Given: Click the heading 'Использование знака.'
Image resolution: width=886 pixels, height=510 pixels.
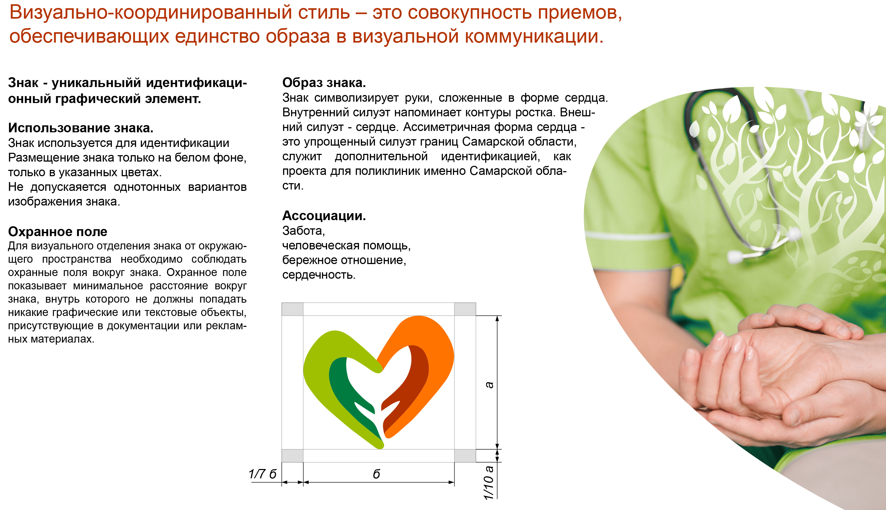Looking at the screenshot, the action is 81,128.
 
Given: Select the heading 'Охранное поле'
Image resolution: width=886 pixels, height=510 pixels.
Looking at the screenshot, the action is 58,232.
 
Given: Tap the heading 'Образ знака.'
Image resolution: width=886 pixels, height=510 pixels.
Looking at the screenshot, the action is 324,83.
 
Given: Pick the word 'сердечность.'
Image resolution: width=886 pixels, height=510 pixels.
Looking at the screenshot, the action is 319,275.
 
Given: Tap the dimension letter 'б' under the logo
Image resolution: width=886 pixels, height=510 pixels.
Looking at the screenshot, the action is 377,474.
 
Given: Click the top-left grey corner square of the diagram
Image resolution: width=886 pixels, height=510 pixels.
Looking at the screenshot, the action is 292,309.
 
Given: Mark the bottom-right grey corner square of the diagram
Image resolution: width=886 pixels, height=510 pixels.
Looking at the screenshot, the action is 465,456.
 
